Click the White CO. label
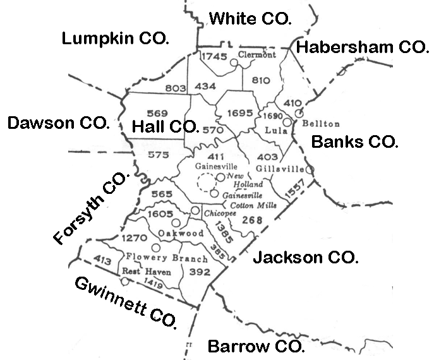click(x=250, y=18)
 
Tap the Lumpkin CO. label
click(x=115, y=39)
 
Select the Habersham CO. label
click(x=362, y=46)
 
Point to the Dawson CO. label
click(x=58, y=123)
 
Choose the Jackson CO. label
click(x=305, y=258)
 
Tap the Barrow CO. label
click(x=256, y=347)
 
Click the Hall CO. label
click(x=165, y=127)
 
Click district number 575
click(x=158, y=155)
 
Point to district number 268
click(x=252, y=220)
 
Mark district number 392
click(x=199, y=272)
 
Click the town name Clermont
click(x=258, y=55)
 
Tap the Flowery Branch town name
click(x=167, y=258)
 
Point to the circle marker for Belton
click(x=301, y=108)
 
